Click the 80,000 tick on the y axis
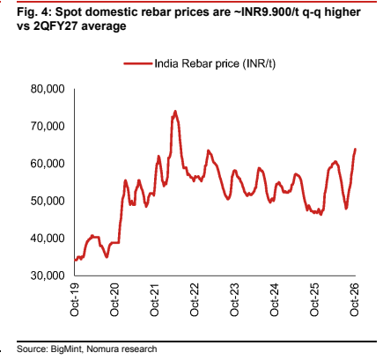(48, 89)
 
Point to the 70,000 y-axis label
(48, 126)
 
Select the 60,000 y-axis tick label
(48, 164)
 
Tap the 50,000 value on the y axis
(48, 201)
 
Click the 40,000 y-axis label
(48, 239)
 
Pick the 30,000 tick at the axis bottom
(48, 276)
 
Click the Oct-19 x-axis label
(75, 299)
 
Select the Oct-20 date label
(114, 299)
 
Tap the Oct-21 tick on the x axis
(154, 299)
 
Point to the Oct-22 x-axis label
(195, 299)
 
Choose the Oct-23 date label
(234, 299)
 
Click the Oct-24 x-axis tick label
(274, 299)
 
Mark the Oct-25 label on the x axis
(314, 299)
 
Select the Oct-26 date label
(355, 299)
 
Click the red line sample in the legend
(138, 63)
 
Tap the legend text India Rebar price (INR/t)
(215, 63)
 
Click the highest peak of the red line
(175, 111)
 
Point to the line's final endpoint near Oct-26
(356, 149)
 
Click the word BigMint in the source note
(67, 349)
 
